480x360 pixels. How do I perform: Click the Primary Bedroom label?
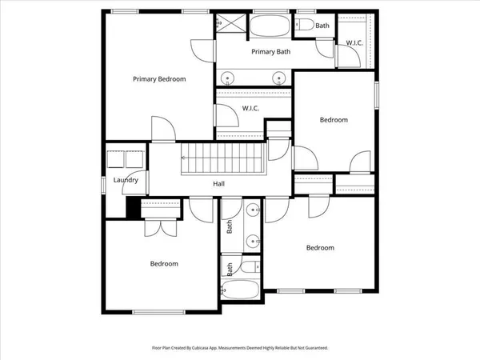click(159, 78)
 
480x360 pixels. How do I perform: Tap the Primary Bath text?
click(270, 52)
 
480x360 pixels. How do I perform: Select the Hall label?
click(218, 183)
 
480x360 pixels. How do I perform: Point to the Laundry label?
click(126, 180)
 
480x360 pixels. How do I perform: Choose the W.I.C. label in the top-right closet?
click(354, 42)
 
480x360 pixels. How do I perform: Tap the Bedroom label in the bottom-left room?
click(164, 263)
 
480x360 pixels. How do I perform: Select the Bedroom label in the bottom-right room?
click(320, 247)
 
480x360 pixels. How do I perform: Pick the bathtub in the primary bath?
click(271, 26)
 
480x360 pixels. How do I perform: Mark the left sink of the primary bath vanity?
click(229, 78)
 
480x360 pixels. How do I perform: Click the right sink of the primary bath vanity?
click(278, 78)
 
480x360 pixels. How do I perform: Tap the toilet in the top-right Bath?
click(306, 26)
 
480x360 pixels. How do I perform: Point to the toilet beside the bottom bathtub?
click(251, 267)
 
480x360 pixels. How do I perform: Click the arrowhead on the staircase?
click(183, 158)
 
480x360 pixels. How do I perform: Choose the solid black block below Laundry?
click(132, 206)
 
